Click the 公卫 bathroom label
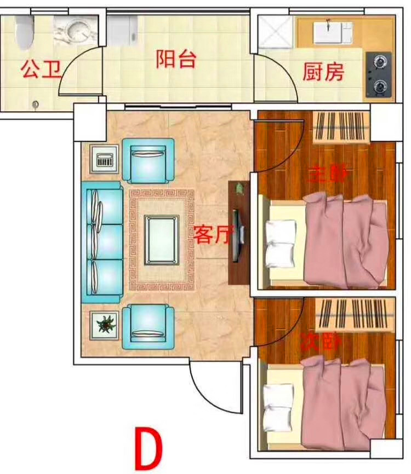tap(41, 69)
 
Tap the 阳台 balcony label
tap(176, 59)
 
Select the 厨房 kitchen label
tap(323, 72)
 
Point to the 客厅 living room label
tap(213, 234)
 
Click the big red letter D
tap(149, 448)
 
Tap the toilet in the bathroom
tap(25, 32)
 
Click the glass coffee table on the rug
tap(162, 240)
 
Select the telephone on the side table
tap(105, 159)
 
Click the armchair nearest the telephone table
tap(148, 160)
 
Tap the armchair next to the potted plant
tap(148, 326)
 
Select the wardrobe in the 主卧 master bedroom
tap(341, 127)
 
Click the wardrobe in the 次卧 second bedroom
tap(355, 315)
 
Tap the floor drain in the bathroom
tap(36, 105)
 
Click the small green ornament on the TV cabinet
tap(240, 189)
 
